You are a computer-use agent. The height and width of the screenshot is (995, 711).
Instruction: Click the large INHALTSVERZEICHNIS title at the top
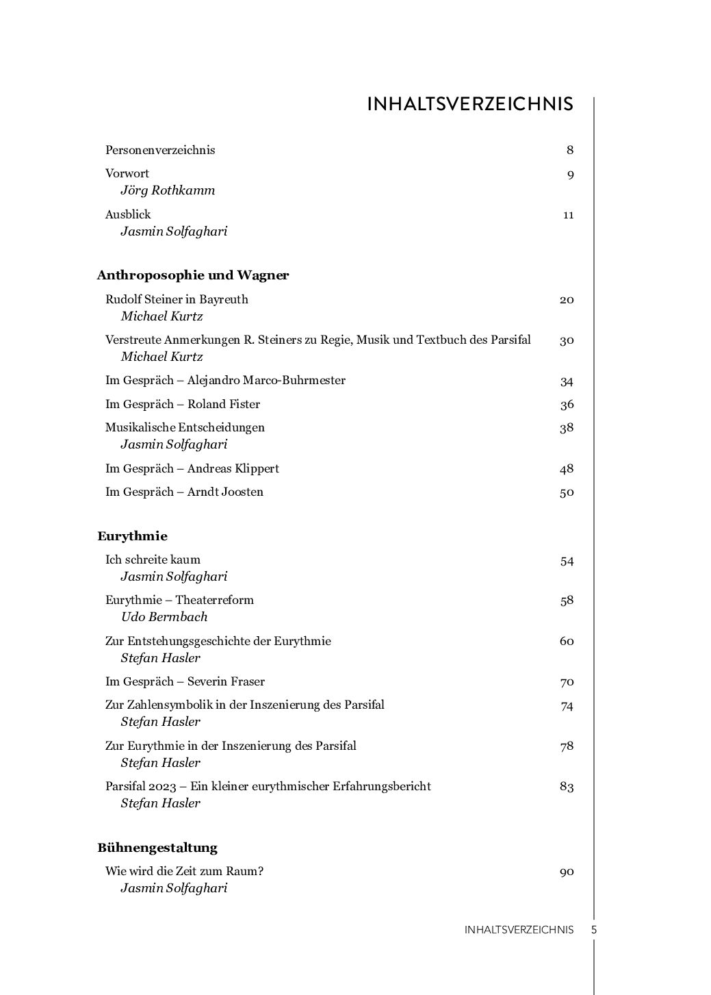[x=470, y=104]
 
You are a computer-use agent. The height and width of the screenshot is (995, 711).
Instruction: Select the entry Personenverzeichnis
[x=160, y=150]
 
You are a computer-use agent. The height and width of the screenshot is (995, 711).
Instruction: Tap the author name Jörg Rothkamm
[x=168, y=190]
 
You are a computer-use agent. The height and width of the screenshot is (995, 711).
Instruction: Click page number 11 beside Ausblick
[x=568, y=215]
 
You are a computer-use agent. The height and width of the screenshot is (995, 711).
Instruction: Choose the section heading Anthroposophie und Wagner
[x=193, y=275]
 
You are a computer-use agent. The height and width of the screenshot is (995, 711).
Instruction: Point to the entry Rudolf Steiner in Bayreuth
[x=177, y=299]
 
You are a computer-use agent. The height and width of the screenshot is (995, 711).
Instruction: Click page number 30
[x=567, y=340]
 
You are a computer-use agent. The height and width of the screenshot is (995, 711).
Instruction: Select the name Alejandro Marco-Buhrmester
[x=266, y=380]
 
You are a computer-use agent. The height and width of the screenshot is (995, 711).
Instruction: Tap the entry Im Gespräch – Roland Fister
[x=183, y=404]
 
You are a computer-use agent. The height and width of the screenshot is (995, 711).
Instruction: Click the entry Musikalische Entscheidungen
[x=185, y=427]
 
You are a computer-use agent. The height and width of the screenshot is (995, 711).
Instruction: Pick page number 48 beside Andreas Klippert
[x=567, y=469]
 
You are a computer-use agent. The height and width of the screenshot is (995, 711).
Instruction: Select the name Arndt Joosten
[x=225, y=492]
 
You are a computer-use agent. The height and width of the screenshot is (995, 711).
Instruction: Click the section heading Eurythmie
[x=132, y=536]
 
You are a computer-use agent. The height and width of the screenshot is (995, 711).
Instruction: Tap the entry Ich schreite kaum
[x=153, y=559]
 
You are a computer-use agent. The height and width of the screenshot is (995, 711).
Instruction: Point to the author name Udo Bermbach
[x=164, y=617]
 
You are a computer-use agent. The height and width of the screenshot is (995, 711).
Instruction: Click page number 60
[x=567, y=642]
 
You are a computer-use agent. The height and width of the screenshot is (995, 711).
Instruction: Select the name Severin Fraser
[x=226, y=681]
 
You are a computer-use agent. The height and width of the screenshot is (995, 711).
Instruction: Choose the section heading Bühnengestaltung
[x=157, y=848]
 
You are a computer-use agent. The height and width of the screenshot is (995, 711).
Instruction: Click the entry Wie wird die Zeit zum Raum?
[x=185, y=871]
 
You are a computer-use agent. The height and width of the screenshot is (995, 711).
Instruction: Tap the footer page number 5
[x=594, y=930]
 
